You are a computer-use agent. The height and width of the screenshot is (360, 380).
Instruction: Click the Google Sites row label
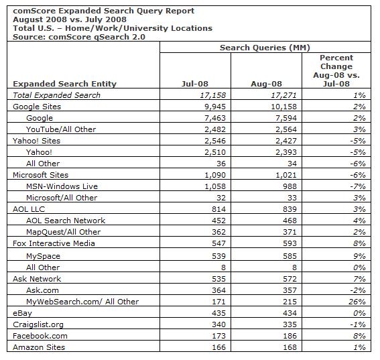[x=37, y=107]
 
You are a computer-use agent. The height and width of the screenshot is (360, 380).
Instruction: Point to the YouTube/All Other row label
[x=61, y=129]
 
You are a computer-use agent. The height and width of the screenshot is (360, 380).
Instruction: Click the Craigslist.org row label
[x=39, y=324]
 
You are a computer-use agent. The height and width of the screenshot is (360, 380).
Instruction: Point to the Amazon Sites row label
[x=40, y=347]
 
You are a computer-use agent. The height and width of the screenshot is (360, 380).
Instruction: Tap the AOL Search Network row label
[x=66, y=221]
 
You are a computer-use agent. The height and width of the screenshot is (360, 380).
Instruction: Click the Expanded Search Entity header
[x=64, y=84]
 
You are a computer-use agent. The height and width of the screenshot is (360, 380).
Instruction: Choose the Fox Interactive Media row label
[x=56, y=245]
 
